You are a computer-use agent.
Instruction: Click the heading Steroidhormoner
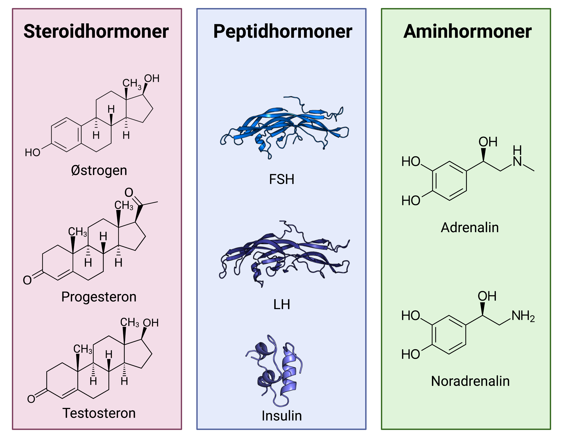96,31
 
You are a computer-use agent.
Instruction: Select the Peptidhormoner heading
283,31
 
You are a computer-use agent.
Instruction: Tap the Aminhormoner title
467,31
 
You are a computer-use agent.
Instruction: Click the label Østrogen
99,170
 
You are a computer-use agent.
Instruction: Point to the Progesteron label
99,297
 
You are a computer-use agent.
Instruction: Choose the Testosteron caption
99,413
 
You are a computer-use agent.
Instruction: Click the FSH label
281,179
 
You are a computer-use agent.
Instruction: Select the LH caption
281,305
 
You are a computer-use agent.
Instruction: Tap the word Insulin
281,416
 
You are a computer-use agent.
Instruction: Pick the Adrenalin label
470,228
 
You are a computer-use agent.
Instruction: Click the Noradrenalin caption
470,381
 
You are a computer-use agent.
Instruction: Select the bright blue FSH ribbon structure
284,126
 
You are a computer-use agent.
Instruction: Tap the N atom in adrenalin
517,162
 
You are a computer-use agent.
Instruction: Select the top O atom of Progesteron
129,192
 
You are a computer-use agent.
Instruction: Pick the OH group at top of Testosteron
151,323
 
